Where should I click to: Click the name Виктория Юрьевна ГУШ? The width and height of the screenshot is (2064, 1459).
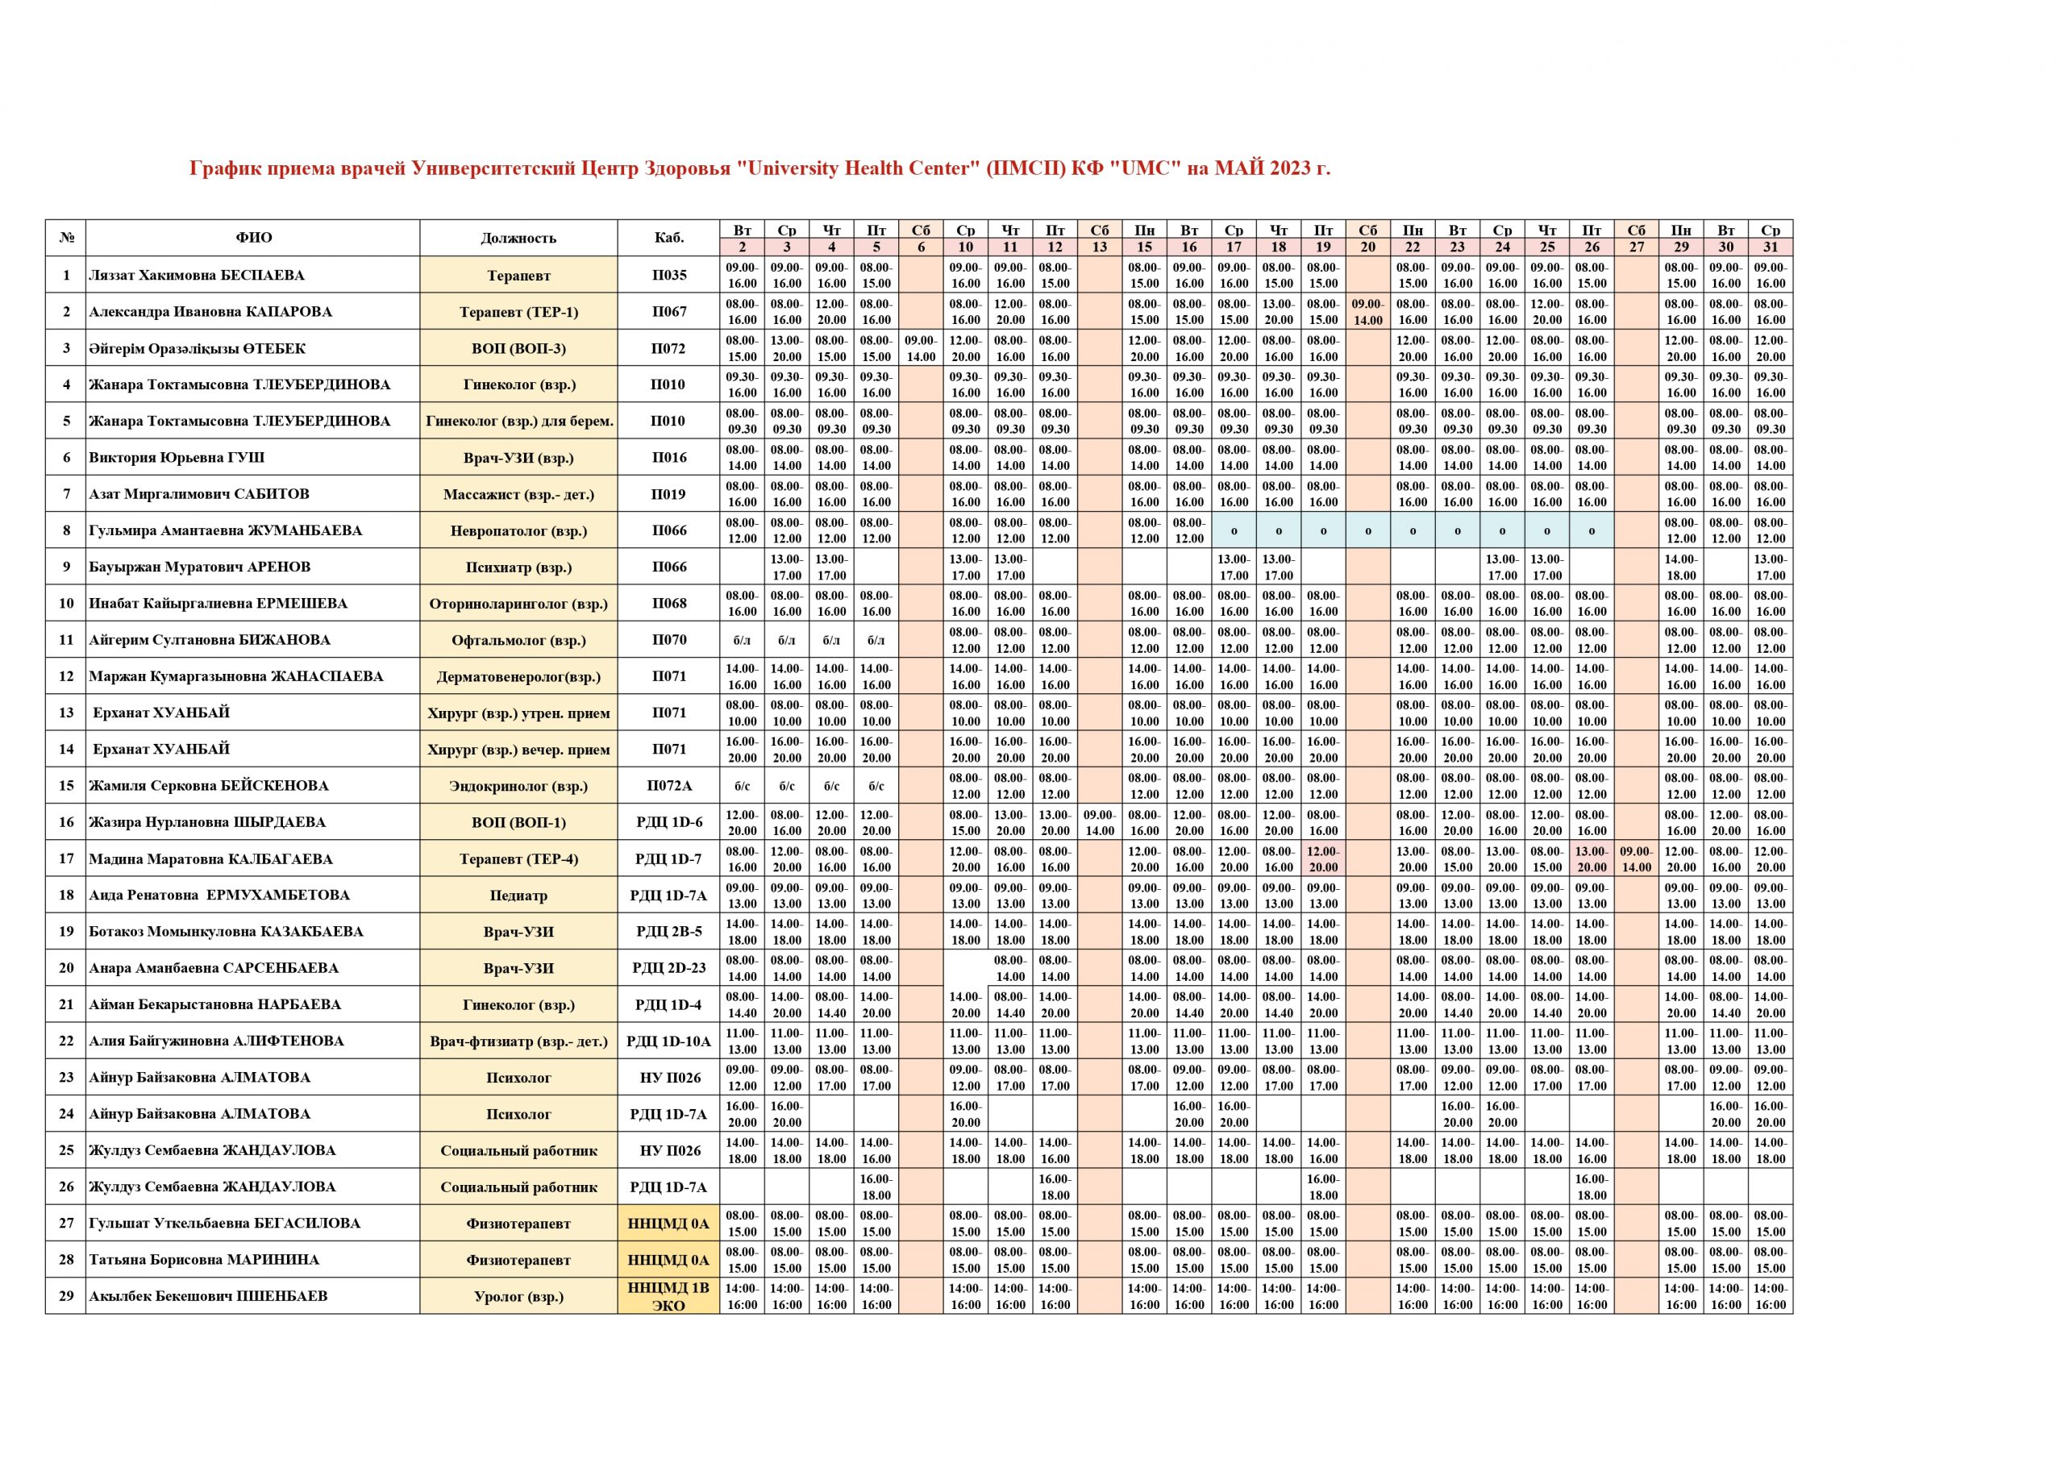pos(177,458)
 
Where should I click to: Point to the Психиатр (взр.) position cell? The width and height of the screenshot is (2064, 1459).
pos(518,567)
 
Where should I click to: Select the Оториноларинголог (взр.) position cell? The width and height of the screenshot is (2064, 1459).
pos(518,604)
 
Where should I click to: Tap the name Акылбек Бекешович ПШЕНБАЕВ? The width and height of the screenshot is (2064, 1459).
pos(208,1296)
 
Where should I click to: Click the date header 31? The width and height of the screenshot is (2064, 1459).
pos(1770,247)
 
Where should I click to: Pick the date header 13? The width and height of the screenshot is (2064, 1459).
pos(1100,247)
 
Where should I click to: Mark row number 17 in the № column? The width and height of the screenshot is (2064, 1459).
pos(65,858)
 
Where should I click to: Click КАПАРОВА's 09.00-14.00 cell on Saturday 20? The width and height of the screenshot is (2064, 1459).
pos(1367,312)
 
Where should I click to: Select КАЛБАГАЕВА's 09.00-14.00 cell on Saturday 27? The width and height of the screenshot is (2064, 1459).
pos(1636,859)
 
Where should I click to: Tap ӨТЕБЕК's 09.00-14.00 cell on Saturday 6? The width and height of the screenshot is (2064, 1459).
pos(921,349)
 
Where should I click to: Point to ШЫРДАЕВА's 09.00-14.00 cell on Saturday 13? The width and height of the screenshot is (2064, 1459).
pos(1100,822)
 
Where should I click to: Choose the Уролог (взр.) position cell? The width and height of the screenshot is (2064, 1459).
pos(518,1296)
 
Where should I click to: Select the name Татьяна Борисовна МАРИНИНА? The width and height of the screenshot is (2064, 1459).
pos(203,1259)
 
